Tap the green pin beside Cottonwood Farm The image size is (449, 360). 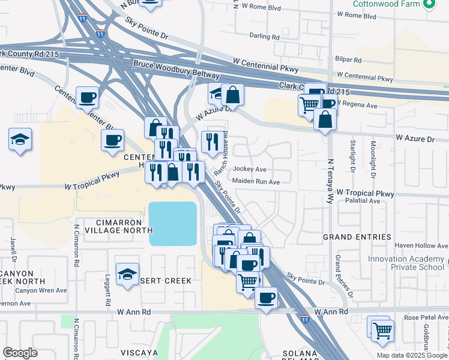(x=429, y=5)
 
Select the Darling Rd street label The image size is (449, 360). (x=265, y=37)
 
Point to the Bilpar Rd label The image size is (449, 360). (x=349, y=60)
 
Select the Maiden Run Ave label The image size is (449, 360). (x=256, y=182)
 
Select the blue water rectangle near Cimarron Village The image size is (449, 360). (x=173, y=223)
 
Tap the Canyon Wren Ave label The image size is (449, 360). (x=38, y=291)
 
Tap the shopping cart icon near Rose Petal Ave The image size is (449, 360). (x=382, y=330)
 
